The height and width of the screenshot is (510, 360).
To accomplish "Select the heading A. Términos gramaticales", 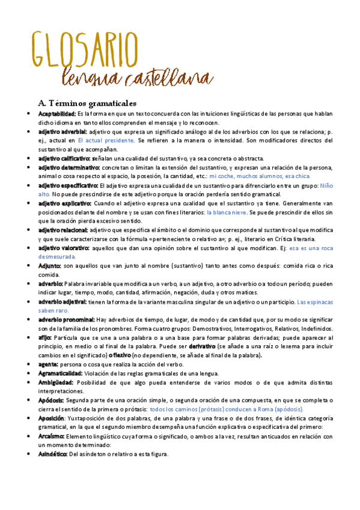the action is [87, 103].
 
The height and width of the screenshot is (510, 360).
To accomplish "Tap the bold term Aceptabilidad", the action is [56, 114].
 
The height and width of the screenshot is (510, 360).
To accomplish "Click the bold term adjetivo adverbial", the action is [62, 131].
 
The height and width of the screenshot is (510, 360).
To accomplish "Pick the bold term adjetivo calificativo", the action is [64, 158].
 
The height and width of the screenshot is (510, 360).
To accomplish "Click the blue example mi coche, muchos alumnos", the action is [246, 176].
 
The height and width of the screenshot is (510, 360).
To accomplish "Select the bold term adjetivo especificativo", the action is [68, 186].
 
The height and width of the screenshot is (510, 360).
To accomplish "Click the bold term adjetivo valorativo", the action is [63, 248].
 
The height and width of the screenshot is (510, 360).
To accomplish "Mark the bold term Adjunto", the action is [49, 266].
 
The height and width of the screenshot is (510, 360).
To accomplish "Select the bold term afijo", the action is [44, 338].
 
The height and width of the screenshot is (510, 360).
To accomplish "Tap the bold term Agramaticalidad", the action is [60, 373].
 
